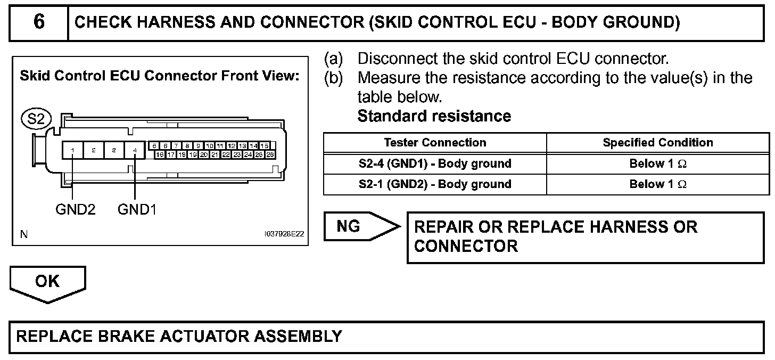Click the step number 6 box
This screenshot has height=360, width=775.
click(x=39, y=23)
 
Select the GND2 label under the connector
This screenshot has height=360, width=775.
click(x=76, y=210)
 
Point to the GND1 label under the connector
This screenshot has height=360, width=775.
click(x=137, y=210)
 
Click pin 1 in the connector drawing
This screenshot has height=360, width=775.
click(x=72, y=151)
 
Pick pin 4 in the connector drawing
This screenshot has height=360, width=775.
click(x=135, y=151)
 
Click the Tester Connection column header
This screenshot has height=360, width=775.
click(x=435, y=143)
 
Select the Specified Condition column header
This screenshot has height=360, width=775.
click(x=658, y=143)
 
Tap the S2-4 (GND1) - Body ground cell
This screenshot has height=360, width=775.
click(x=435, y=163)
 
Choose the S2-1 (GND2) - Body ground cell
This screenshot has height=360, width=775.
click(x=435, y=184)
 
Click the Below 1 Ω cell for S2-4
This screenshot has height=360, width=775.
click(x=658, y=163)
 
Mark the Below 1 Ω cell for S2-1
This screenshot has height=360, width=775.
click(x=658, y=184)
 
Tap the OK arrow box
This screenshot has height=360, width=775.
click(x=47, y=282)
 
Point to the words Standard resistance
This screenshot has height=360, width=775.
click(x=434, y=116)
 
